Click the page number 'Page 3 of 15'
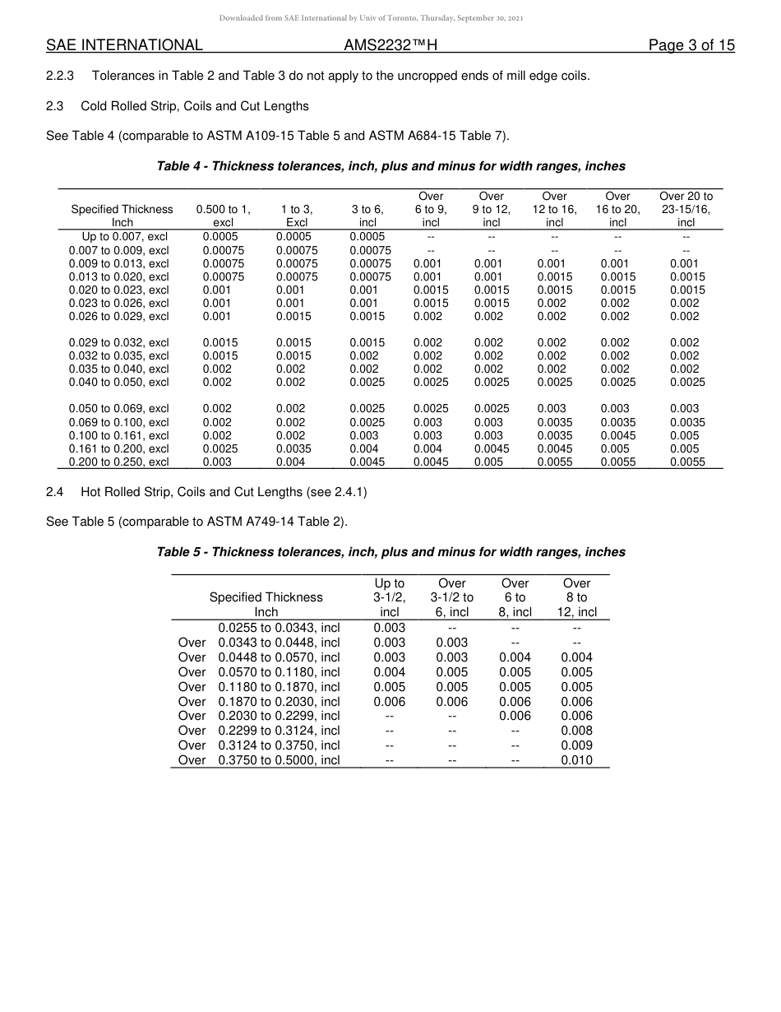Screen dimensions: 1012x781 pos(691,46)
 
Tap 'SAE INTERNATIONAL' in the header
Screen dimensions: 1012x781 pos(124,46)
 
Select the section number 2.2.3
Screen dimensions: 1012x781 pos(60,77)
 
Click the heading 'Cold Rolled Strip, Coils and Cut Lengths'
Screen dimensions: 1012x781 pos(195,106)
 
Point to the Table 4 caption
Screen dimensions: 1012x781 pos(390,166)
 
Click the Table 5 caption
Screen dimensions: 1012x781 pos(390,552)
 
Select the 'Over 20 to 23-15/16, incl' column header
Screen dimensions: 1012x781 pos(686,209)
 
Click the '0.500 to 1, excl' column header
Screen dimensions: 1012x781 pos(223,216)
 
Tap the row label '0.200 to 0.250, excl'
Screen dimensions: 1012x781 pos(119,462)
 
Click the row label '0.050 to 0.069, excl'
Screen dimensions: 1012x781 pos(119,409)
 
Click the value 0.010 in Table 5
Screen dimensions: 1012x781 pos(576,760)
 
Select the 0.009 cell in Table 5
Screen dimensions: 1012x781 pos(576,745)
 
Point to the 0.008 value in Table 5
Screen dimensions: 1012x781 pos(576,731)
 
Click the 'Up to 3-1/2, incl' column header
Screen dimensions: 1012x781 pos(389,597)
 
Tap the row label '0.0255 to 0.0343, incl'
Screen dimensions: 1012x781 pos(279,628)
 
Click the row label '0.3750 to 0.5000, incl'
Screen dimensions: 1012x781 pos(279,760)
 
